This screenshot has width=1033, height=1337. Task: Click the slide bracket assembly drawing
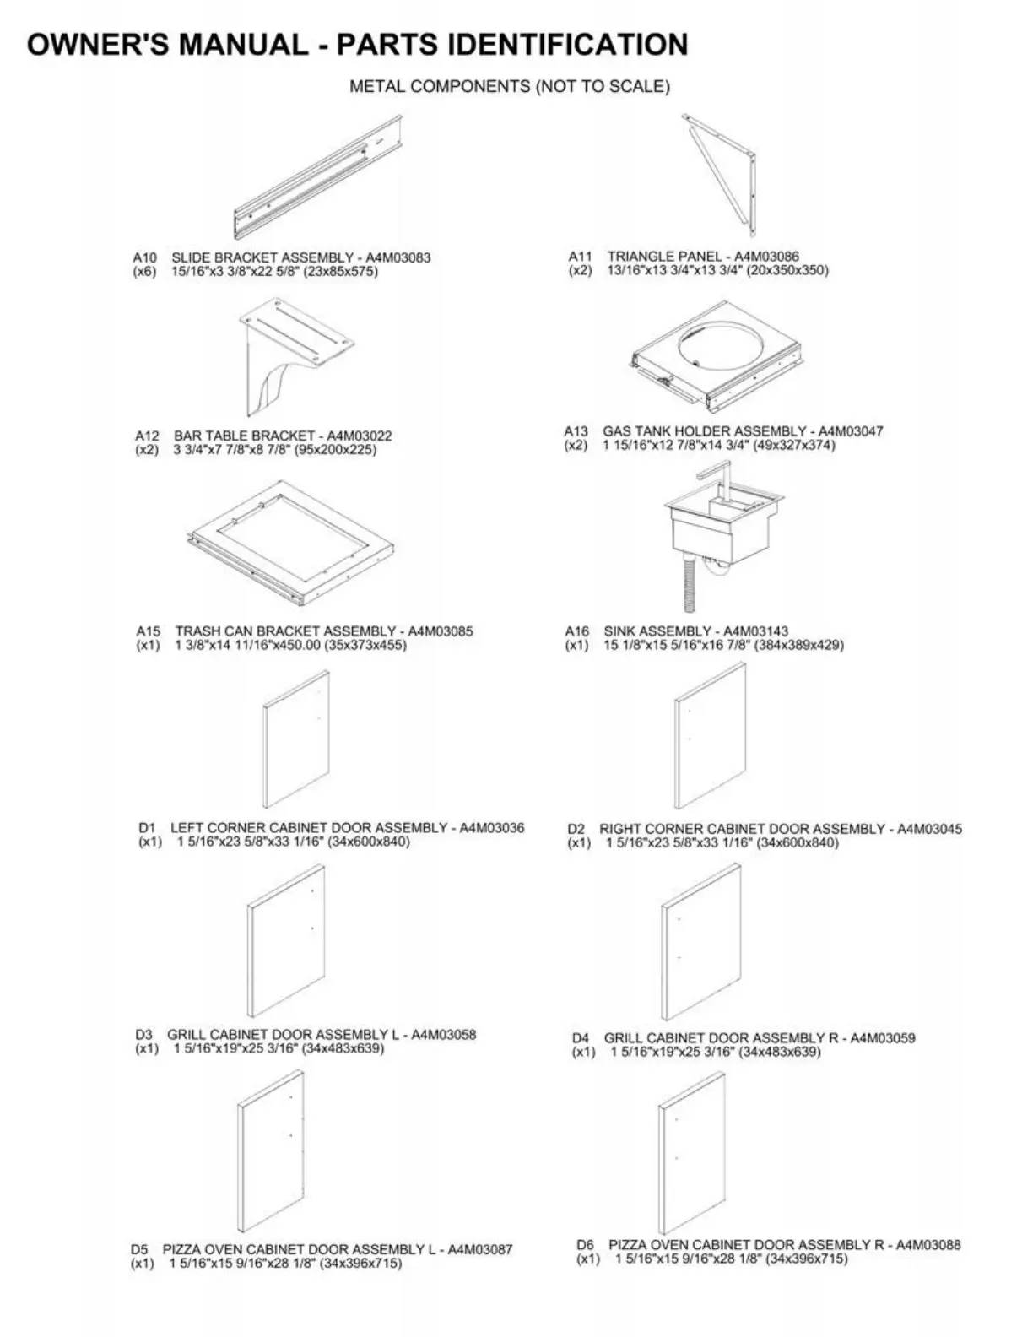pyautogui.click(x=319, y=178)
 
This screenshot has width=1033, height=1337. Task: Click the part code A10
pyautogui.click(x=145, y=257)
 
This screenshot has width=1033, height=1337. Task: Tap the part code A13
pyautogui.click(x=576, y=431)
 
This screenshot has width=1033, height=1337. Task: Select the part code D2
pyautogui.click(x=576, y=829)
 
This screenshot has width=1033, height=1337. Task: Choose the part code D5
pyautogui.click(x=139, y=1249)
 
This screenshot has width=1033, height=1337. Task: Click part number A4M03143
pyautogui.click(x=755, y=631)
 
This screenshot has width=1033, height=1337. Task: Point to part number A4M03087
pyautogui.click(x=479, y=1249)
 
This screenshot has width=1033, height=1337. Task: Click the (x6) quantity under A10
pyautogui.click(x=145, y=272)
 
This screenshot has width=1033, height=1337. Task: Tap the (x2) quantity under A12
pyautogui.click(x=147, y=450)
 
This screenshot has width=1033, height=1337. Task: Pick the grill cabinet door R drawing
pyautogui.click(x=701, y=944)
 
